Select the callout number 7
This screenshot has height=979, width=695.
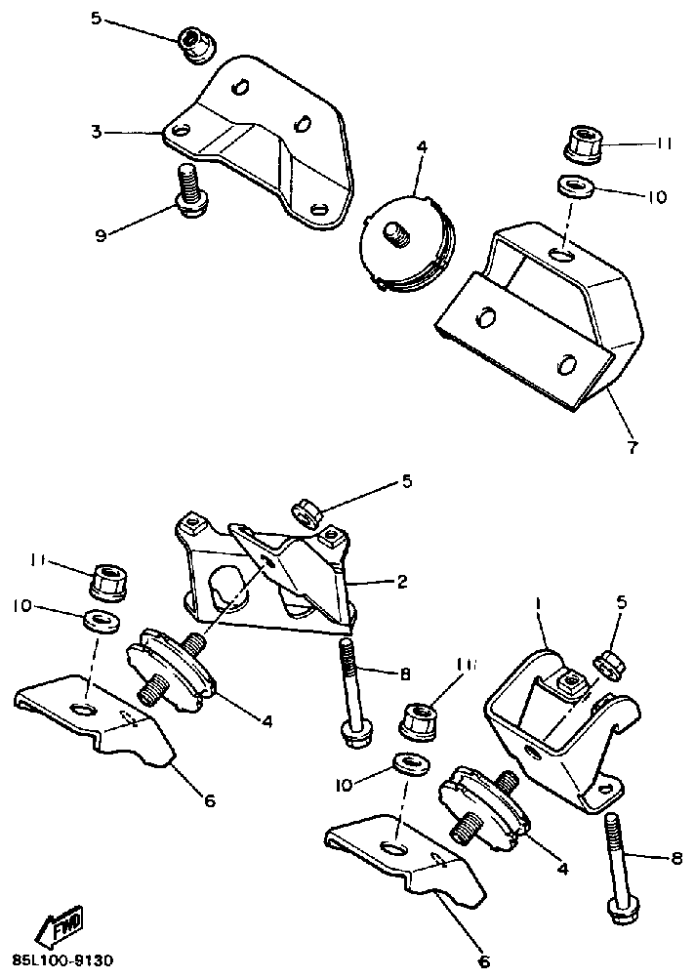(x=631, y=448)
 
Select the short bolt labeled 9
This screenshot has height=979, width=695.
(x=186, y=188)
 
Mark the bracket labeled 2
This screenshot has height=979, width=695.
(x=268, y=571)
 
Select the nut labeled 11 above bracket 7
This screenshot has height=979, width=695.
(x=584, y=145)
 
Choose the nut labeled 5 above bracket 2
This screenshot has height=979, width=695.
(x=307, y=511)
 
